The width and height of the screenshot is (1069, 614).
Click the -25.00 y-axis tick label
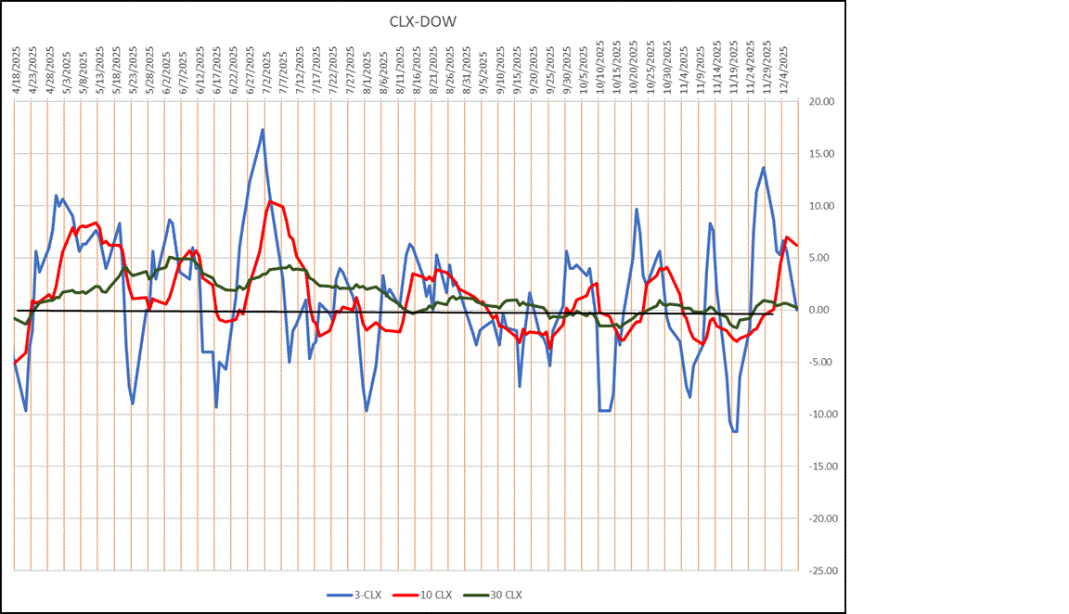(823, 571)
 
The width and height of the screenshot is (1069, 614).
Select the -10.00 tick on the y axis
(823, 415)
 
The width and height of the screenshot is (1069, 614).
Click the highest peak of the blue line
(263, 130)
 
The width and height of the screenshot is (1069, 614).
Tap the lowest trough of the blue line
(735, 431)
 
